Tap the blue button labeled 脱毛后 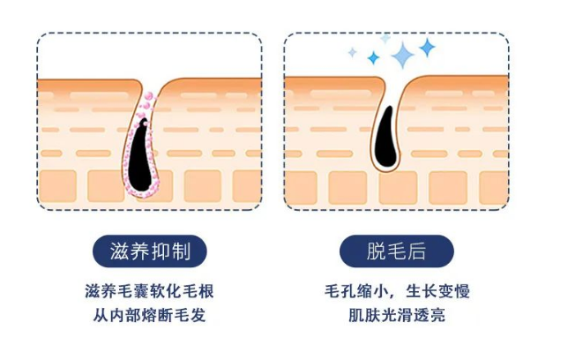click(x=396, y=251)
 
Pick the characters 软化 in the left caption click(x=166, y=292)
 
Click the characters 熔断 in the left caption click(x=157, y=315)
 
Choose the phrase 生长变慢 click(x=435, y=292)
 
